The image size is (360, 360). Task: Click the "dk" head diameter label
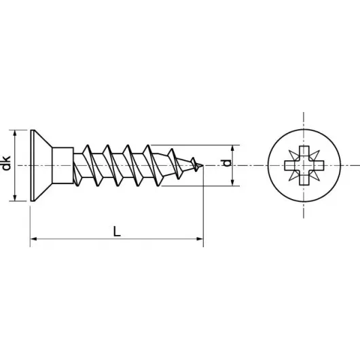pyautogui.click(x=6, y=164)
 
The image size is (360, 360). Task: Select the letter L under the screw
pyautogui.click(x=117, y=231)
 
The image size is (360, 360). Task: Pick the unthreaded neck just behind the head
pyautogui.click(x=62, y=164)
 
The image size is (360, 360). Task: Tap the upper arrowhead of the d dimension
pyautogui.click(x=234, y=147)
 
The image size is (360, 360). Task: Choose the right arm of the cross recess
pyautogui.click(x=315, y=165)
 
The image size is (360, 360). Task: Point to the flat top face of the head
pyautogui.click(x=31, y=164)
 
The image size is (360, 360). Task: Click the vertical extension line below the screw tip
pyautogui.click(x=203, y=211)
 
